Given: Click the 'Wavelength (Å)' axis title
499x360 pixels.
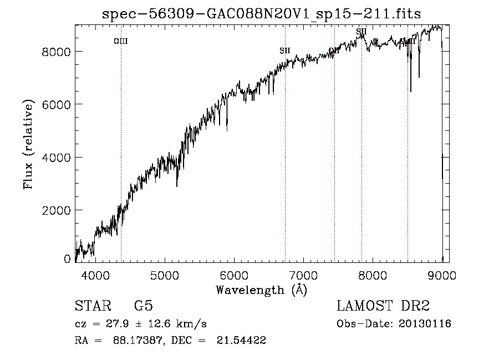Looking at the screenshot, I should pyautogui.click(x=261, y=290).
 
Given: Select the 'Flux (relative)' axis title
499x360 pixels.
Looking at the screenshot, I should pyautogui.click(x=28, y=144).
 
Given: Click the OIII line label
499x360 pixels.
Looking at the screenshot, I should pyautogui.click(x=121, y=41).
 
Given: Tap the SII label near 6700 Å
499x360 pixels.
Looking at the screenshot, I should pyautogui.click(x=285, y=50).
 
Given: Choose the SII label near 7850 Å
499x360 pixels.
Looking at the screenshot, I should pyautogui.click(x=361, y=32).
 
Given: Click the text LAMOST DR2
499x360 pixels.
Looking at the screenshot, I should pyautogui.click(x=383, y=306).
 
